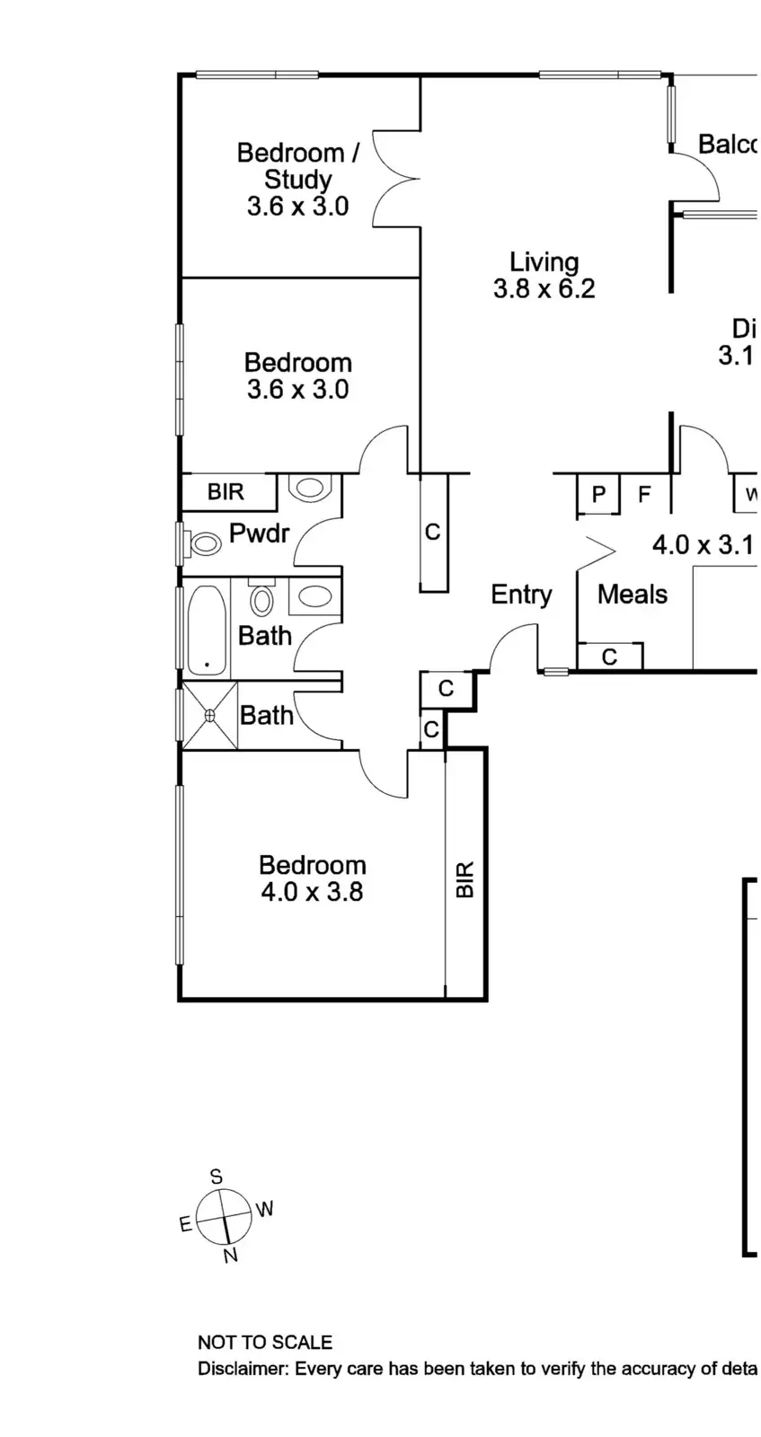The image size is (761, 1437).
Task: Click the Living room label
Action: (544, 262)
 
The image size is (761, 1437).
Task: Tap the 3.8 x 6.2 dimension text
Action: (544, 289)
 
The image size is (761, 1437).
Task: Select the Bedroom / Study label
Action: (297, 166)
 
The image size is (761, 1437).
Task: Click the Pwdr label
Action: (259, 533)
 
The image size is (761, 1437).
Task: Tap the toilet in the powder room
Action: (205, 542)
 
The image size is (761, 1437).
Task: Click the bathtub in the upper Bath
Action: (207, 629)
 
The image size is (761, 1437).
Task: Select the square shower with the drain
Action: (210, 715)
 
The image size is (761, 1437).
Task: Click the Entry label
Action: (521, 595)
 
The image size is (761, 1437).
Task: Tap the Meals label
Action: (633, 595)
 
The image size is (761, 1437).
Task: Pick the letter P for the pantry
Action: (598, 494)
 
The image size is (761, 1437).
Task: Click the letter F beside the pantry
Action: (644, 494)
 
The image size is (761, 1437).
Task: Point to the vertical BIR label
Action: (465, 880)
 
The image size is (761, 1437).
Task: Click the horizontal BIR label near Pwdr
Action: (226, 492)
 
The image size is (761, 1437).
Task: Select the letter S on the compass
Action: (216, 1177)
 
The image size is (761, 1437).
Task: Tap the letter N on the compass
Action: (231, 1255)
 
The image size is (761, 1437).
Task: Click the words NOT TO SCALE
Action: (265, 1343)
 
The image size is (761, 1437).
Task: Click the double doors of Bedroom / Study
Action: (395, 177)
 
